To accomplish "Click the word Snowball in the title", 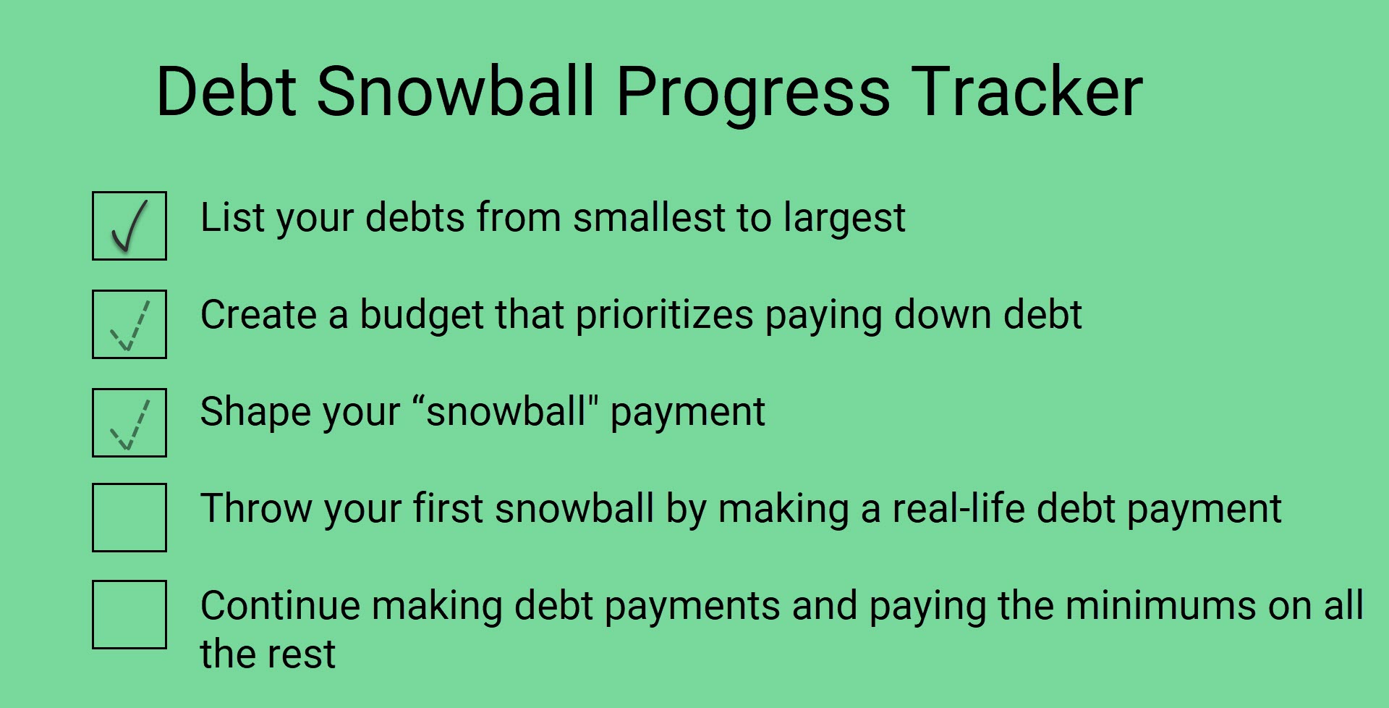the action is coord(456,91).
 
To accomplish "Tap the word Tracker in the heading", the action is coord(1027,91).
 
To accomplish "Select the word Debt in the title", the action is coord(226,91).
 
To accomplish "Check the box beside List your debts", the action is coord(129,226).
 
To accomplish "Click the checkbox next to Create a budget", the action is coord(129,324).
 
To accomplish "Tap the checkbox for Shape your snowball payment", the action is coord(129,423).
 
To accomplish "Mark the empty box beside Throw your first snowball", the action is coord(129,518).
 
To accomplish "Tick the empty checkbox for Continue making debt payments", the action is coord(129,615).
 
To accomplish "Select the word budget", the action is coord(422,318).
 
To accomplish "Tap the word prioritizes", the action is coord(664,318).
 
